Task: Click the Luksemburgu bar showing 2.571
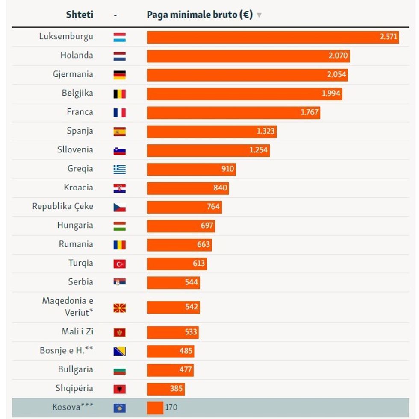point(273,37)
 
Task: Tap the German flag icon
point(119,75)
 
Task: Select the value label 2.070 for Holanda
point(337,56)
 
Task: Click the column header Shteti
point(80,15)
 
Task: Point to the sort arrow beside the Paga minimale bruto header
point(259,15)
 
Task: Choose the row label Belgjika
point(77,93)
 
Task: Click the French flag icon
point(119,113)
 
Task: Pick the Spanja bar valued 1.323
point(212,131)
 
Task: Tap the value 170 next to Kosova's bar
point(171,407)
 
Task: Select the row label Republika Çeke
point(63,207)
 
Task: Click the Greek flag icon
point(119,170)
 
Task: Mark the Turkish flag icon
point(119,264)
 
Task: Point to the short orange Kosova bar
point(155,407)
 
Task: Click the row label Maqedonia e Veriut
point(68,306)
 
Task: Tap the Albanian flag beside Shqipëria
point(119,389)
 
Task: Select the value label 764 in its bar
point(213,207)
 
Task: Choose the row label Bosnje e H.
point(66,351)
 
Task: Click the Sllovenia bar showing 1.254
point(208,150)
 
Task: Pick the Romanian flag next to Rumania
point(119,245)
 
